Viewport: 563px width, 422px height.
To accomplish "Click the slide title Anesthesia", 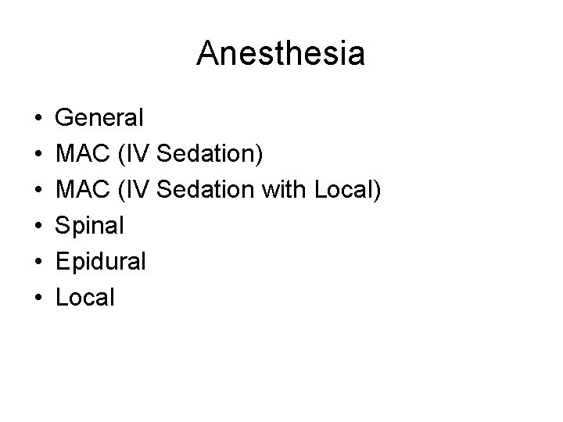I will (x=281, y=54).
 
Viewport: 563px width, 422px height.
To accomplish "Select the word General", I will (x=100, y=119).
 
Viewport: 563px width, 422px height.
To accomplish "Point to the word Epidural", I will (x=101, y=262).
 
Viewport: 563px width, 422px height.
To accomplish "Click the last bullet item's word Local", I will (x=86, y=297).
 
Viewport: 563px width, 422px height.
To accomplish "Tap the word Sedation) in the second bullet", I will (x=210, y=155).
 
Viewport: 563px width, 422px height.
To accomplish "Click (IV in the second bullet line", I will (x=133, y=155).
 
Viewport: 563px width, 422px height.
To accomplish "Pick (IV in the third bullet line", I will (x=133, y=191).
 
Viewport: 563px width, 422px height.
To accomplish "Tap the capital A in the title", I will (x=208, y=54).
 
